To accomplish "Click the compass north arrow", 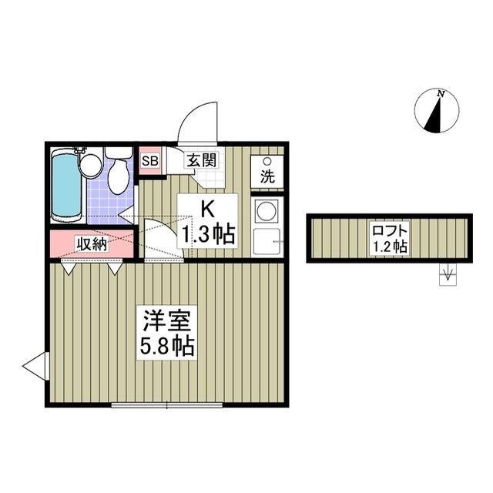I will click(x=437, y=114).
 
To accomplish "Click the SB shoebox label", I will click(x=149, y=161).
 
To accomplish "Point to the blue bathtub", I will click(x=66, y=185).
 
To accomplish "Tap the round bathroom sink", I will click(x=92, y=164).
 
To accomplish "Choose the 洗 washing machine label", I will click(x=267, y=176).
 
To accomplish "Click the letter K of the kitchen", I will click(x=207, y=208).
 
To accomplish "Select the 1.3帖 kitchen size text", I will click(x=207, y=233).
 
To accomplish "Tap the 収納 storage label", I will click(x=91, y=245).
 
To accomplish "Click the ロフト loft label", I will click(x=388, y=230).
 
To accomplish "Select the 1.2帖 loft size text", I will click(x=388, y=247).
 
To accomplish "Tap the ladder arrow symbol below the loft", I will click(x=447, y=274).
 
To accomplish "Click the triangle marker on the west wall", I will click(x=35, y=366).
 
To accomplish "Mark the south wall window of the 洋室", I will click(x=166, y=404).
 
